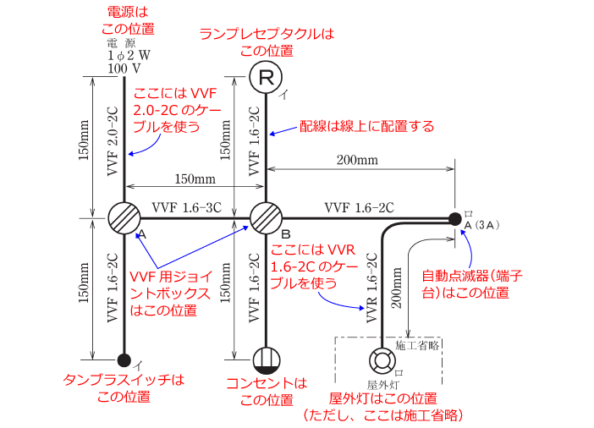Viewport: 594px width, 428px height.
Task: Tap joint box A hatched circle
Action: coord(124,217)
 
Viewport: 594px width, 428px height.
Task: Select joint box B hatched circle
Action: coord(266,217)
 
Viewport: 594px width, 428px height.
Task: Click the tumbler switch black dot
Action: coord(124,360)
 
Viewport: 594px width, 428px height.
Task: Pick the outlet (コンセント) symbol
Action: coord(266,360)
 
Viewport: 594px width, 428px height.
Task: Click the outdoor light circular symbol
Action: coord(382,360)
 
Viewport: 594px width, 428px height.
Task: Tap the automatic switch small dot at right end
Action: coord(455,219)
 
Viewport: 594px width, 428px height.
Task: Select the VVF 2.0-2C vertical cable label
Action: coord(113,140)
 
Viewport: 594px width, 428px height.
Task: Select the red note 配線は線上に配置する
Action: coord(367,127)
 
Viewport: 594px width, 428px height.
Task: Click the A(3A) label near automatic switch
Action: coord(484,226)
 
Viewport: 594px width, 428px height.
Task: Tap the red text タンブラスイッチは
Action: coord(124,381)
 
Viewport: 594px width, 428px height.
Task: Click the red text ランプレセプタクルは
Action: coord(267,34)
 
